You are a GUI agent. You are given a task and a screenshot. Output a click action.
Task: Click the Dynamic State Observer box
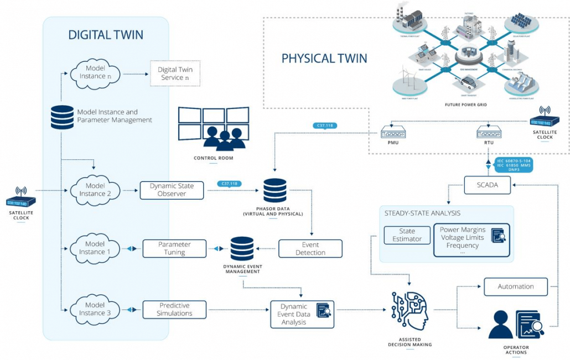pyautogui.click(x=172, y=190)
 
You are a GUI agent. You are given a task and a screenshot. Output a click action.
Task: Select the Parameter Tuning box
pyautogui.click(x=174, y=248)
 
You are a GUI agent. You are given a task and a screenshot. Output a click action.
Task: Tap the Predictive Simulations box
pyautogui.click(x=174, y=309)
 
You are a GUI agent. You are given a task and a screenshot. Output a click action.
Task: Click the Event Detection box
pyautogui.click(x=310, y=248)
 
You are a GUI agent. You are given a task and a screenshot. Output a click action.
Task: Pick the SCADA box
pyautogui.click(x=480, y=186)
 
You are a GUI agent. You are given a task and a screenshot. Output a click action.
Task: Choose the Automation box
pyautogui.click(x=516, y=286)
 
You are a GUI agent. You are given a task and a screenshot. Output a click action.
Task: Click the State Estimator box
pyautogui.click(x=407, y=235)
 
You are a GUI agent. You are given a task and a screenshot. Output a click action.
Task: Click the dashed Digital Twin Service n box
pyautogui.click(x=175, y=74)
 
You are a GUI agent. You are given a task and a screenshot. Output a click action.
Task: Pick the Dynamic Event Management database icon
pyautogui.click(x=242, y=249)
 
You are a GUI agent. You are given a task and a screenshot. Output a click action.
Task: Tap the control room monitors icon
pyautogui.click(x=214, y=129)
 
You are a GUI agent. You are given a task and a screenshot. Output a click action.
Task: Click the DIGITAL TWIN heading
pyautogui.click(x=106, y=35)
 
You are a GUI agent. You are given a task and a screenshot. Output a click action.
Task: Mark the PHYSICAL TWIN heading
pyautogui.click(x=324, y=58)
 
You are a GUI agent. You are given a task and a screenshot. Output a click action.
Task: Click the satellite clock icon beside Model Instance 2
pyautogui.click(x=20, y=198)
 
